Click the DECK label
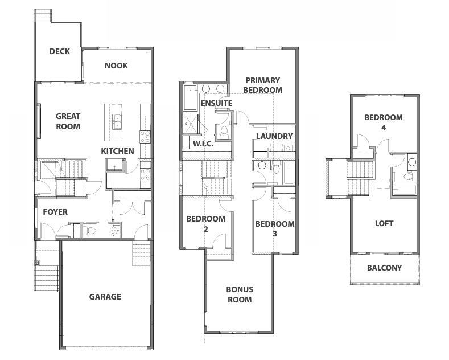pos(59,51)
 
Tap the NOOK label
pos(116,66)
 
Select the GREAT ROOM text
pos(68,121)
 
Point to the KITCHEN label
pos(117,151)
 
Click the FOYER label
pos(55,212)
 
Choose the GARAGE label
pos(105,297)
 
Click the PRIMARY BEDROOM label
pos(262,85)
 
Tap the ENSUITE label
pos(216,103)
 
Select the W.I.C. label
pos(203,144)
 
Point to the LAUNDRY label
pos(274,136)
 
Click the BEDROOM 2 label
pos(206,224)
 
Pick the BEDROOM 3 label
pos(275,228)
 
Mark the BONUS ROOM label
pos(240,294)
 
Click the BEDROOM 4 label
pos(384,122)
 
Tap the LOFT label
pos(384,223)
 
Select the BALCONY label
pos(384,268)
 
